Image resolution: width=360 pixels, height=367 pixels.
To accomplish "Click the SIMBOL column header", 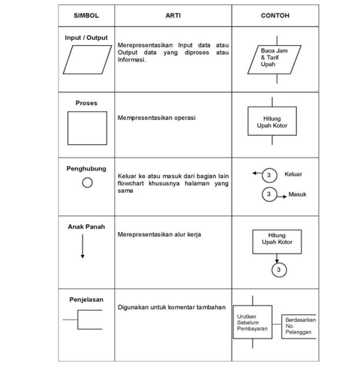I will pos(85,15).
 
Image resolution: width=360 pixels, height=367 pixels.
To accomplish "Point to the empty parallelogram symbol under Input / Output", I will pos(85,58).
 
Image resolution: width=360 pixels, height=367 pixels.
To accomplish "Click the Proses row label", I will pos(85,103).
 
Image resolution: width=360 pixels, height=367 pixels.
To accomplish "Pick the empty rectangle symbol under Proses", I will pos(86,127).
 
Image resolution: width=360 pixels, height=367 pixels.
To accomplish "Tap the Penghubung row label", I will pos(86,169).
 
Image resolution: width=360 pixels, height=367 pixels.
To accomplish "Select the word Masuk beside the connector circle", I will pos(297,194).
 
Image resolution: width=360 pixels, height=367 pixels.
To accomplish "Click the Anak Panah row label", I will pos(86,226).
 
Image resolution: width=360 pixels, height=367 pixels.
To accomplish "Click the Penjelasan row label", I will pos(86,298).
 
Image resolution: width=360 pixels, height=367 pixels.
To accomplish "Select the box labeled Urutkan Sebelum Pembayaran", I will pos(252,322).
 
